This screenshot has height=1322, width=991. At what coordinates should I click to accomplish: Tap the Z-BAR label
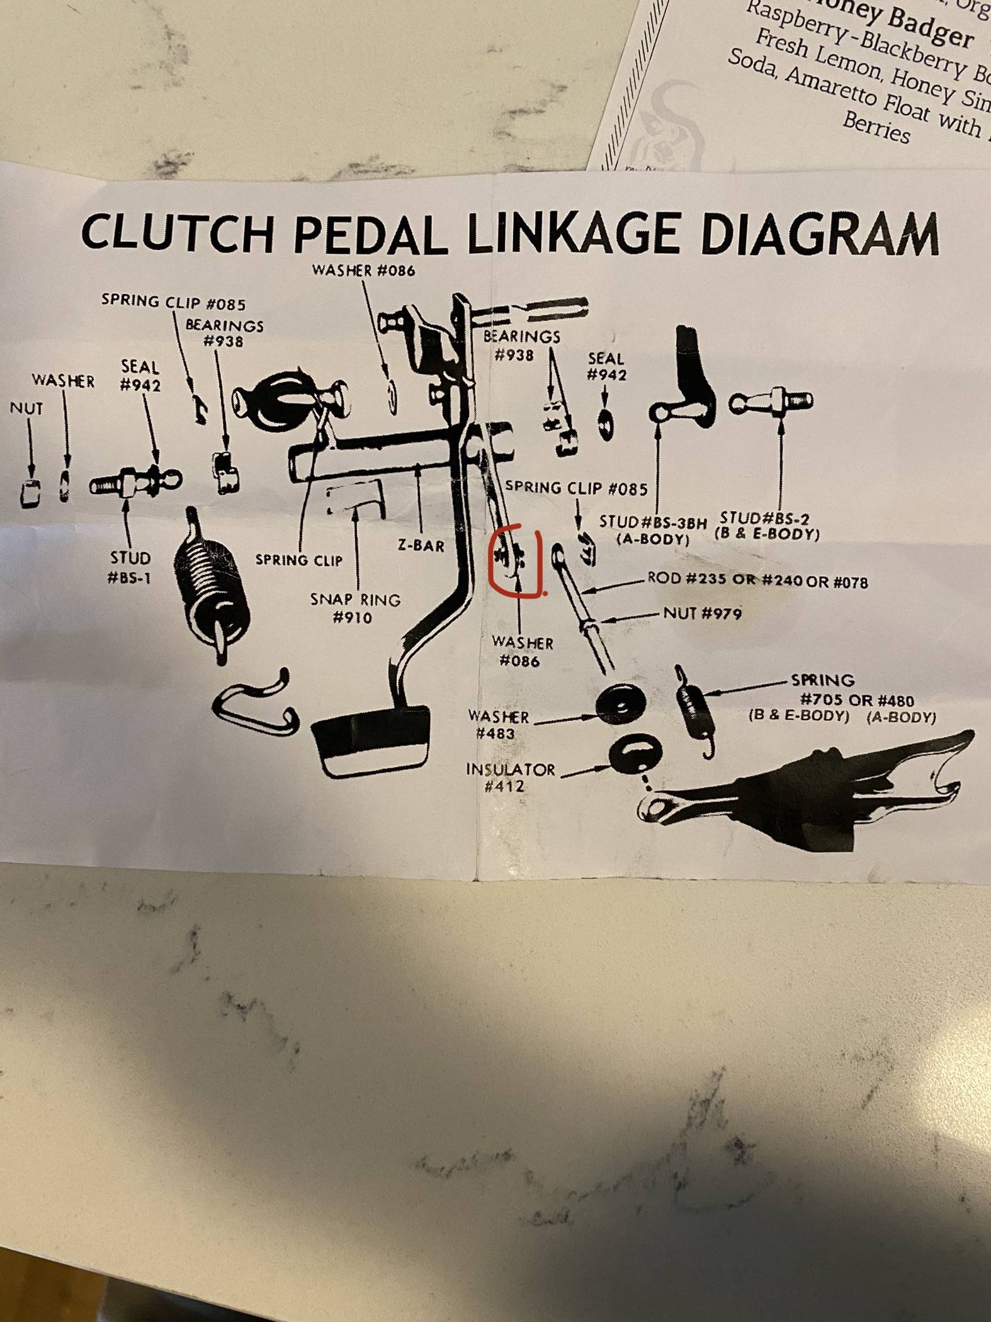pos(421,545)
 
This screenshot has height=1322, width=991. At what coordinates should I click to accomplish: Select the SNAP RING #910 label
pos(355,608)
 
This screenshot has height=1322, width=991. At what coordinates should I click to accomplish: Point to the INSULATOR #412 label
pos(511,777)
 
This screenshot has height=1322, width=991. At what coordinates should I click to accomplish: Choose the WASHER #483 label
pos(499,725)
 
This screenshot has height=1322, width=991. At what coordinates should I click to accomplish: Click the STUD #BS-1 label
pos(130,567)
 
